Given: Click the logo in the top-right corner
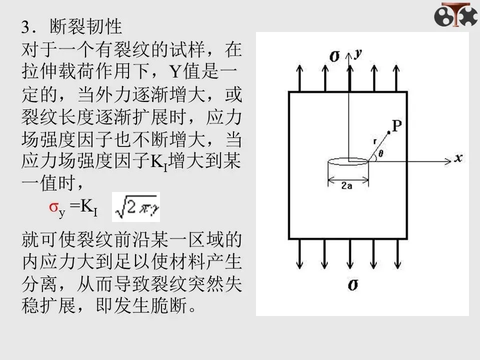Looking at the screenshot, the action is [x=455, y=15].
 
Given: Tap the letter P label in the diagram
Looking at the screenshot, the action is [x=397, y=126].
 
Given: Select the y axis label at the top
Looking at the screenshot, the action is [x=357, y=54].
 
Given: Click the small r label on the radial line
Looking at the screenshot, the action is [x=375, y=141].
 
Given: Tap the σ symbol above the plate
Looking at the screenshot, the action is [x=335, y=56].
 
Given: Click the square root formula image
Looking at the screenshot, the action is [x=136, y=206].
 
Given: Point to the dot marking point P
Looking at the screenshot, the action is [x=389, y=131].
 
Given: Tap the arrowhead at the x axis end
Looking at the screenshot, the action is [x=447, y=160].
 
